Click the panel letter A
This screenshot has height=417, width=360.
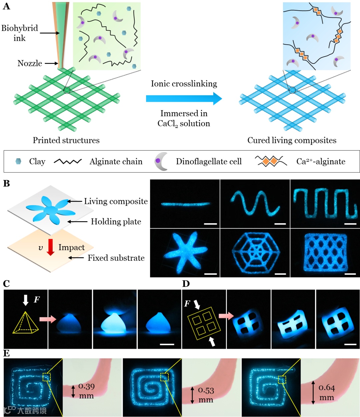[6, 6]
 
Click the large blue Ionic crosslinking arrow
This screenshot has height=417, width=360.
[184, 98]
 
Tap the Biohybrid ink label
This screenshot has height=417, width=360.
[20, 33]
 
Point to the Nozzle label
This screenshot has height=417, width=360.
[30, 63]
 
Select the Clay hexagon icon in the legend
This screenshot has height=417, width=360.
[18, 162]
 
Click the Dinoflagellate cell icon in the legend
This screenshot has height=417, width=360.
[161, 162]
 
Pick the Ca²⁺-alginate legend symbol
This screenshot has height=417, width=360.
[271, 161]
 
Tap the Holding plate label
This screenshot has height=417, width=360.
[116, 221]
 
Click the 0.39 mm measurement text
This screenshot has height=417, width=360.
[86, 391]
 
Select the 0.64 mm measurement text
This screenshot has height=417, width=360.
[327, 392]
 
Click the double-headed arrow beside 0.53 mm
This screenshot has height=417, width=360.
[192, 395]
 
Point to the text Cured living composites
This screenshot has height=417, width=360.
[292, 140]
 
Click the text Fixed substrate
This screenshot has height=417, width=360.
[116, 258]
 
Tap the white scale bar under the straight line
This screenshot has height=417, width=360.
[210, 224]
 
